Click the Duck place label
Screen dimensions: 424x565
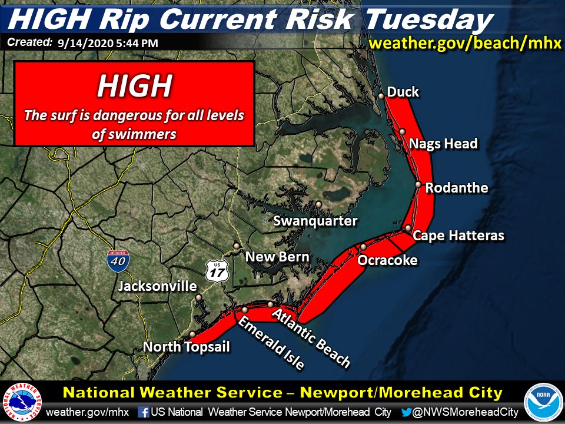[403, 92]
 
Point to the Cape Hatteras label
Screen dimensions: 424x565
[458, 236]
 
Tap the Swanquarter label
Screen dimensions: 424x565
[315, 221]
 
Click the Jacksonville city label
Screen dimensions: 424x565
[157, 287]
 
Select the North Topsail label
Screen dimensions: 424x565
[187, 347]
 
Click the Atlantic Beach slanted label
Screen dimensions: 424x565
[311, 336]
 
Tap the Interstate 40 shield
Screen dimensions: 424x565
[118, 260]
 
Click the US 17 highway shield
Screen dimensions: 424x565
[217, 271]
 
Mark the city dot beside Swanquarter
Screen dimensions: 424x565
[318, 204]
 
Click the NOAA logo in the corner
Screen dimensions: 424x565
[542, 402]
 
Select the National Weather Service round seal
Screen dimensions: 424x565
[22, 402]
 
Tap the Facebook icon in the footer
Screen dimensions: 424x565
[143, 412]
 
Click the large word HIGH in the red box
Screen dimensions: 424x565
[134, 86]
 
